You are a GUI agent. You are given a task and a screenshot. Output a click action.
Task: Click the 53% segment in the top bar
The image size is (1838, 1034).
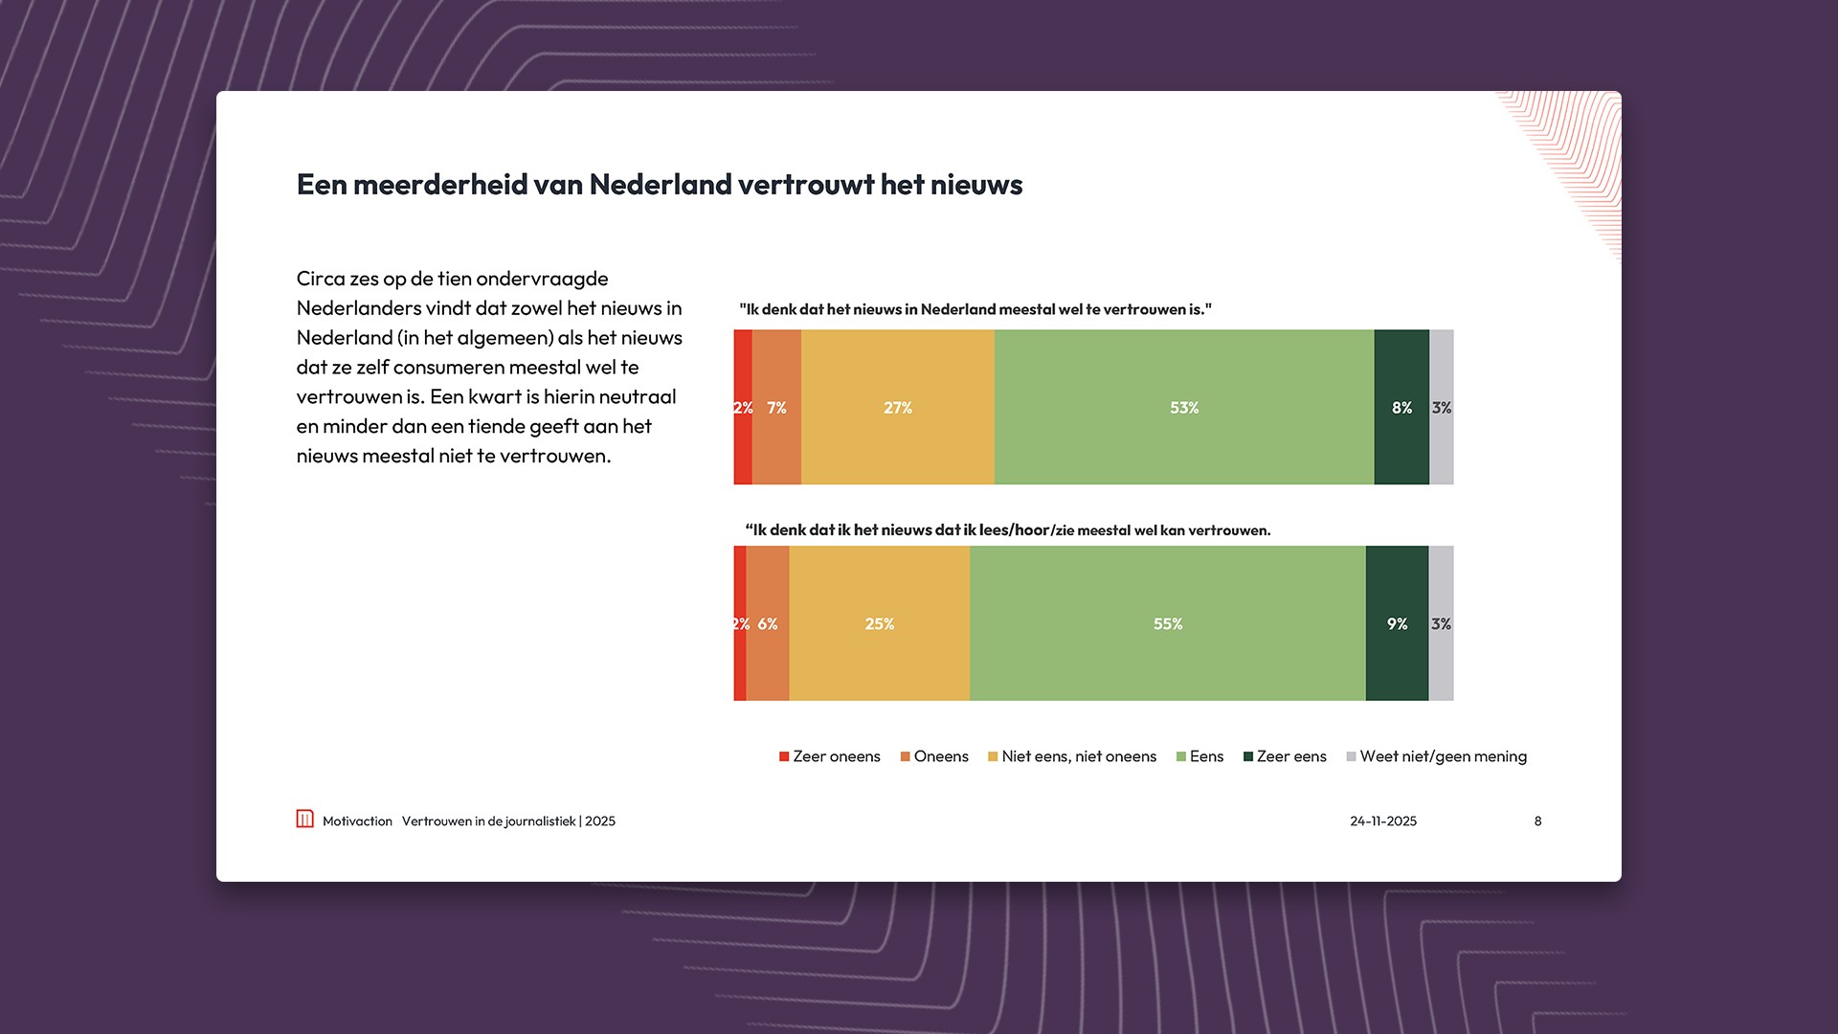pyautogui.click(x=1184, y=408)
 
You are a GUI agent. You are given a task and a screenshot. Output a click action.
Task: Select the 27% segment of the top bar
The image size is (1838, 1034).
pyautogui.click(x=898, y=408)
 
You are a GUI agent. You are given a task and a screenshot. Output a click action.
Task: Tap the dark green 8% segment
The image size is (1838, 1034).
pyautogui.click(x=1401, y=408)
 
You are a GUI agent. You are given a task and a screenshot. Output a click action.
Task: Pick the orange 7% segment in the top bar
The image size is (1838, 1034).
pyautogui.click(x=776, y=408)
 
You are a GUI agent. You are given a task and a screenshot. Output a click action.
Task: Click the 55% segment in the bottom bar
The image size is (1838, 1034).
pyautogui.click(x=1168, y=624)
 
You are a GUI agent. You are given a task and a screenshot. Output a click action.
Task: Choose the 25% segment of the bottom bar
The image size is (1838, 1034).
pyautogui.click(x=879, y=624)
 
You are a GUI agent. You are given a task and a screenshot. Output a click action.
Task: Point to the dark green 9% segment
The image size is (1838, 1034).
pyautogui.click(x=1397, y=624)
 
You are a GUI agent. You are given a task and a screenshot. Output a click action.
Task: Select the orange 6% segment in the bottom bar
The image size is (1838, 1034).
pyautogui.click(x=768, y=624)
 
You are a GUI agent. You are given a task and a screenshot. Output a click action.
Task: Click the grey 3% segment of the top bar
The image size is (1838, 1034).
pyautogui.click(x=1442, y=408)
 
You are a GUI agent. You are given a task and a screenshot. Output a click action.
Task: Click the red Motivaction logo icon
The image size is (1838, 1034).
pyautogui.click(x=304, y=820)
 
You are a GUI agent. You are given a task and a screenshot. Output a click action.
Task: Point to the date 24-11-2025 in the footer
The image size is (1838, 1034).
pyautogui.click(x=1383, y=821)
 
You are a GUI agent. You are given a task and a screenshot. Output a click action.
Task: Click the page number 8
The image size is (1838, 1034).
pyautogui.click(x=1537, y=821)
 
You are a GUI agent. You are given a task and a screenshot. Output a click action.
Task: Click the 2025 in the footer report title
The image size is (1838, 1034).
pyautogui.click(x=600, y=821)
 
